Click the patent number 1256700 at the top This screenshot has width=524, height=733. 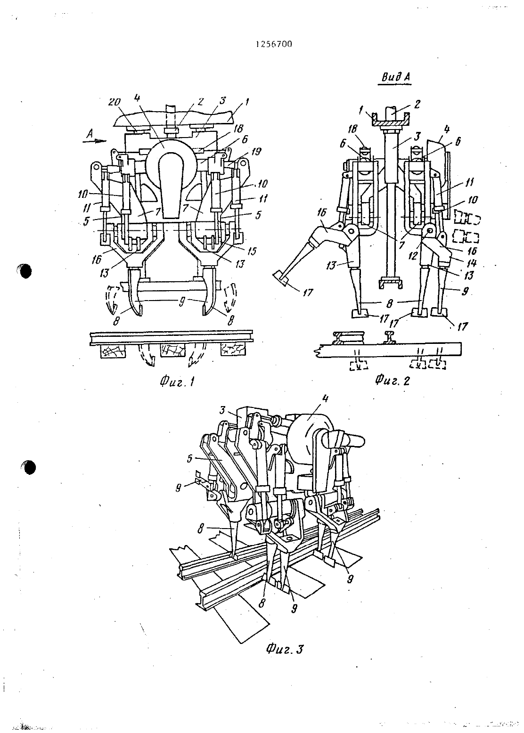(273, 44)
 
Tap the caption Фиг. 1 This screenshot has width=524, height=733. (177, 382)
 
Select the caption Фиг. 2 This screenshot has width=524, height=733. (392, 380)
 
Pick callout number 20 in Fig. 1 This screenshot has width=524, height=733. (115, 102)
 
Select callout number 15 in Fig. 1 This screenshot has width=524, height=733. (252, 251)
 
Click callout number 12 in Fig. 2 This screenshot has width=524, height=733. (413, 256)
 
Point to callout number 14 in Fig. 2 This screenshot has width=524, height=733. (472, 263)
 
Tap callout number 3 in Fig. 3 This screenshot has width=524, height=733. (222, 410)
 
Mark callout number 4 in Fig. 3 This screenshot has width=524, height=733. (325, 398)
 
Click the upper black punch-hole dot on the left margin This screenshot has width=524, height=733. (25, 270)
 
